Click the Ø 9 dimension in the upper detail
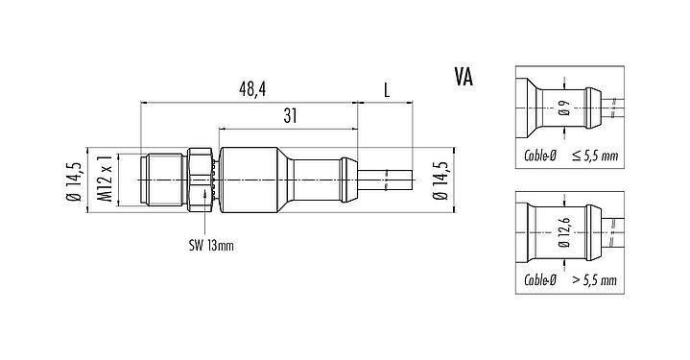coord(564,108)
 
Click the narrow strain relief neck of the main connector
coord(326,179)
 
